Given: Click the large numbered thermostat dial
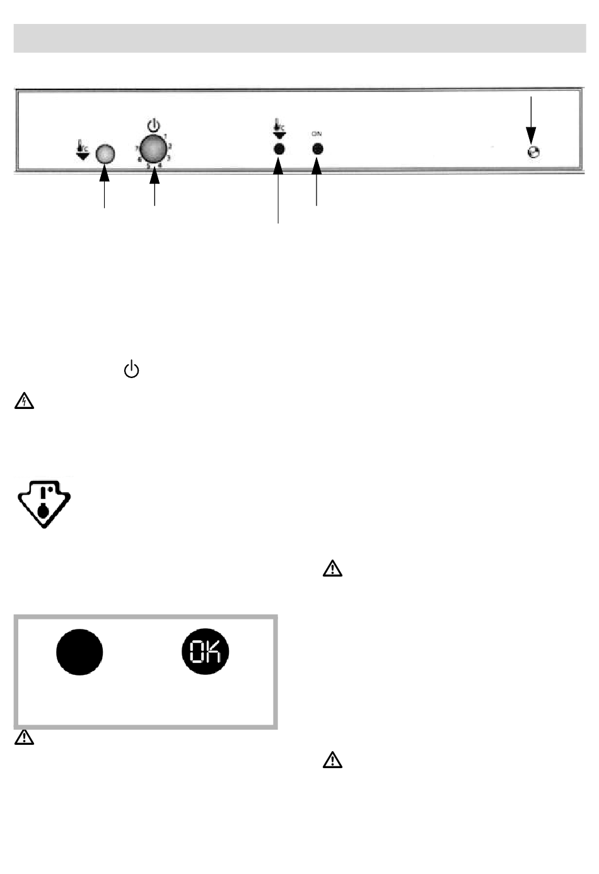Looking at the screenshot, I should pos(153,149).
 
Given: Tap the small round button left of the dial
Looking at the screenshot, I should pos(105,153).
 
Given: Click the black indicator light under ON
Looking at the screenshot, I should pos(317,149).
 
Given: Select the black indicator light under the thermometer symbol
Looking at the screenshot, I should pos(278,149).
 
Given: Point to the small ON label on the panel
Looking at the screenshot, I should pos(317,134).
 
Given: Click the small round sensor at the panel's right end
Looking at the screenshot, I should pos(533,152).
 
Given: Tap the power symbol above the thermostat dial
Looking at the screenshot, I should pos(153,126).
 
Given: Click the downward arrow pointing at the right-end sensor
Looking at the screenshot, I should pos(532,120).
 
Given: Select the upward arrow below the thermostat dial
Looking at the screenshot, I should pos(154,189).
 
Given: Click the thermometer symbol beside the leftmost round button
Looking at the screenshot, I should pos(82,151).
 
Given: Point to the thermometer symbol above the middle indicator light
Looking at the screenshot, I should pos(278,129).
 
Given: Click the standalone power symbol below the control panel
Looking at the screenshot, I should pos(131,369).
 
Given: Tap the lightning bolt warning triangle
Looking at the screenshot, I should pos(24,401).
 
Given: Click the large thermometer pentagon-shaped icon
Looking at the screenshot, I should pos(43,503).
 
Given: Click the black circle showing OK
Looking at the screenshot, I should pos(206,652).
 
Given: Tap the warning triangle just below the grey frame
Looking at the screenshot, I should pos(24,738).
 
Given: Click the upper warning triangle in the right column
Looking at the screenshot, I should pos(332,569).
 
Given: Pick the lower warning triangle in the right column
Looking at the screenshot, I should pos(332,761).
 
